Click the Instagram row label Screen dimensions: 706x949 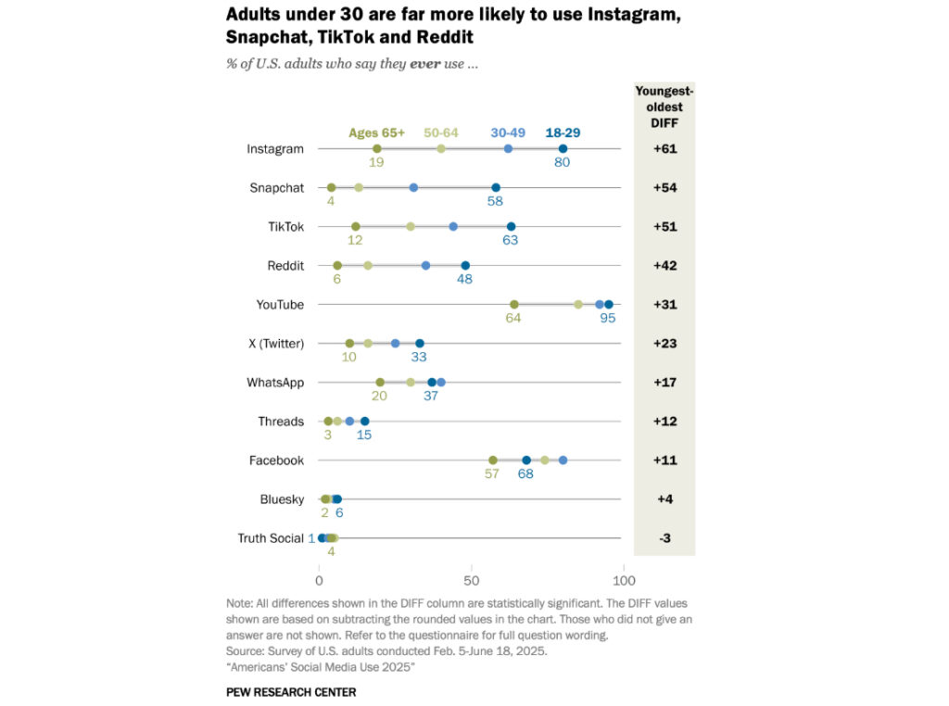(x=274, y=149)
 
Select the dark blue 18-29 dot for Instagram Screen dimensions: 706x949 (x=563, y=149)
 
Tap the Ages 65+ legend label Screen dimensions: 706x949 (x=376, y=132)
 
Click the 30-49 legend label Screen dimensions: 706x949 (x=508, y=132)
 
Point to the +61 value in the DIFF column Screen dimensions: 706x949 (x=664, y=149)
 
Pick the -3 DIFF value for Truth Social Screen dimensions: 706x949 (x=664, y=538)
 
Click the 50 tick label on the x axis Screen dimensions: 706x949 (x=471, y=581)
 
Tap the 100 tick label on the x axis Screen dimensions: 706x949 (x=624, y=581)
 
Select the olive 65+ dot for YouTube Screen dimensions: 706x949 (x=514, y=305)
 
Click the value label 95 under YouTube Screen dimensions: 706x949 (x=607, y=318)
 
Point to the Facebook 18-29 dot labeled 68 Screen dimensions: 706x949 (x=526, y=460)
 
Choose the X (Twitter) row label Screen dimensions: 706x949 (x=275, y=344)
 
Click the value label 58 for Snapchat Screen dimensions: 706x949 (x=496, y=201)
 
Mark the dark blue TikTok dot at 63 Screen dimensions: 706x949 (x=511, y=227)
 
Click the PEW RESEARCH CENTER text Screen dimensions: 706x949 (x=290, y=692)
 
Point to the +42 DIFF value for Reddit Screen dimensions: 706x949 (x=664, y=266)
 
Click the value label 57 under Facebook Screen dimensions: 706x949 (x=491, y=473)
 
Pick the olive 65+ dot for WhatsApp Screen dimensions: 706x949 (x=380, y=383)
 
